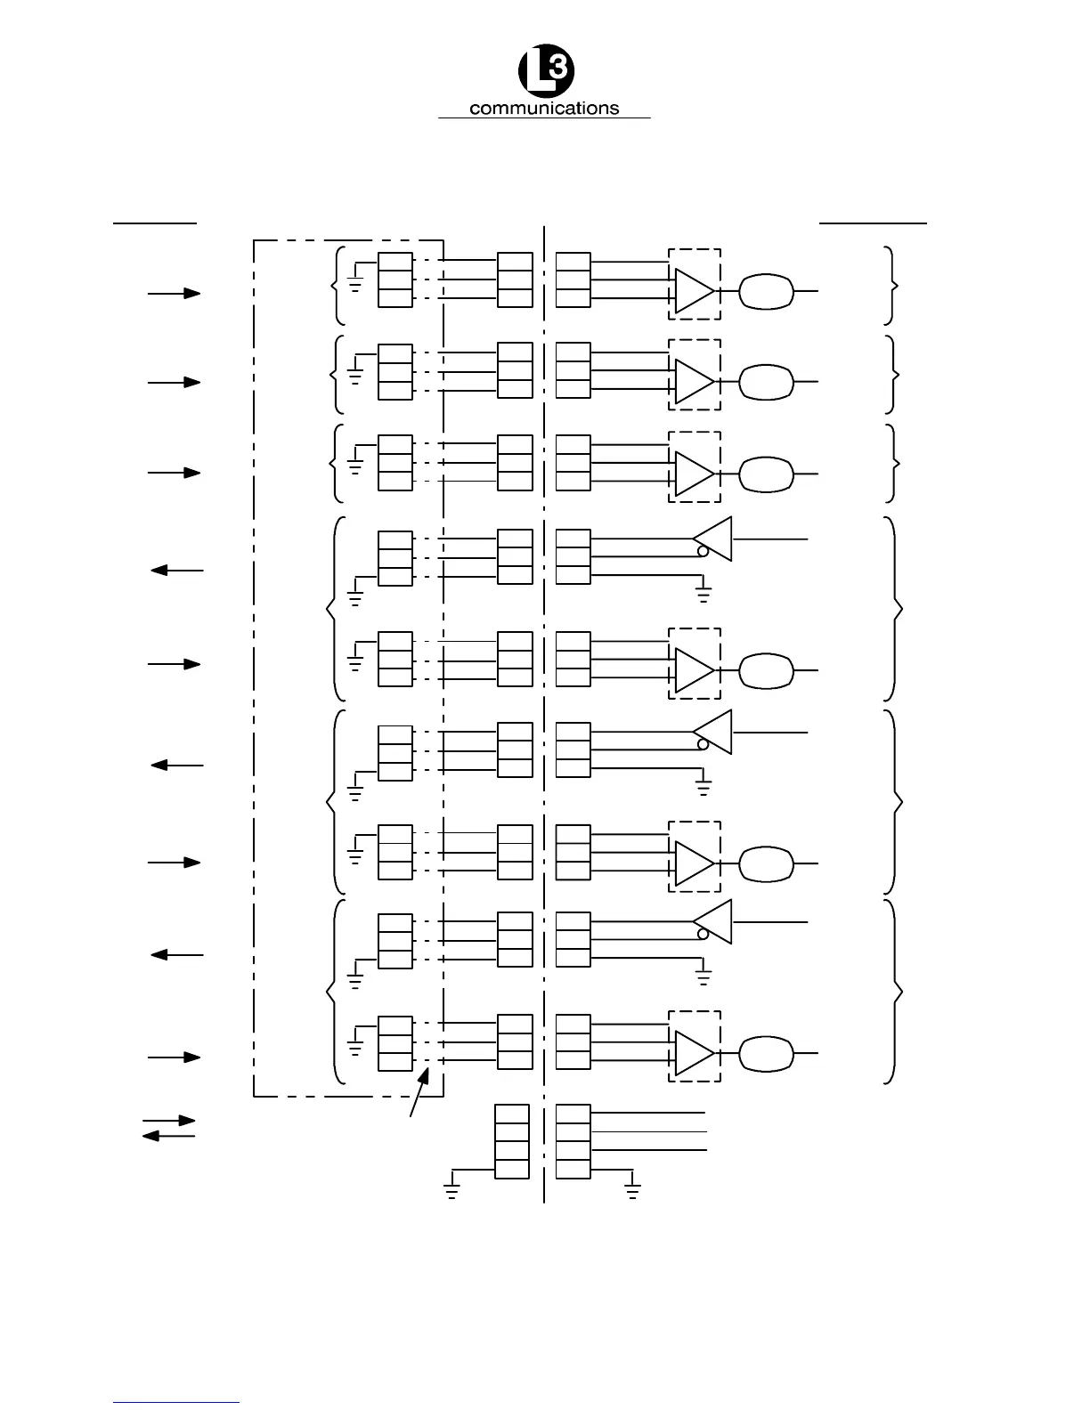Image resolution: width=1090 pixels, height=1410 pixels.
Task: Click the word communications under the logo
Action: click(x=543, y=109)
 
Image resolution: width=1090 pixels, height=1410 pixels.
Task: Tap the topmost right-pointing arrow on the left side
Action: click(x=174, y=292)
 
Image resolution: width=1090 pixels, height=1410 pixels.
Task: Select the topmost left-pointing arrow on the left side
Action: click(x=177, y=570)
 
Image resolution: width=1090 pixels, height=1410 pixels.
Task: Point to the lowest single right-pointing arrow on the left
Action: click(x=174, y=1057)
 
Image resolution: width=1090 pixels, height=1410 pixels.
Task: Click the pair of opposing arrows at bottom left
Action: click(x=169, y=1128)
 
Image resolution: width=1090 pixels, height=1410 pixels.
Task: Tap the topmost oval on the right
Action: click(x=766, y=291)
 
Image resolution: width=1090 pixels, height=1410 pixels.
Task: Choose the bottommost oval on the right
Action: click(x=766, y=1053)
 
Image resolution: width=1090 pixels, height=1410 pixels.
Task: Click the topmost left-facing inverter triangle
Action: click(x=713, y=539)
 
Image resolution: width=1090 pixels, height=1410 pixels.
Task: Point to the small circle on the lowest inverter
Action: click(x=703, y=933)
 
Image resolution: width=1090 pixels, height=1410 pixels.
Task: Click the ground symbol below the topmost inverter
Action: click(x=704, y=594)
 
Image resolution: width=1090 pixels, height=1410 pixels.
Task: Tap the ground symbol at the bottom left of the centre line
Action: click(x=451, y=1192)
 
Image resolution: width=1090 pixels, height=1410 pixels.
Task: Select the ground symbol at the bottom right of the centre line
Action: click(x=632, y=1192)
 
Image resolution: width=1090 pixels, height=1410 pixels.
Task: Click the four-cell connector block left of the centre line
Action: click(x=512, y=1141)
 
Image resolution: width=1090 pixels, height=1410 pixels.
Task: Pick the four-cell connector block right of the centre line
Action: click(x=573, y=1141)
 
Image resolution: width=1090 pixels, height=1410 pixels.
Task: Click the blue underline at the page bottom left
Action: click(x=176, y=1402)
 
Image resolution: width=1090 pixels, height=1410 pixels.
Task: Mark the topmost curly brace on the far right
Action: click(x=892, y=285)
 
